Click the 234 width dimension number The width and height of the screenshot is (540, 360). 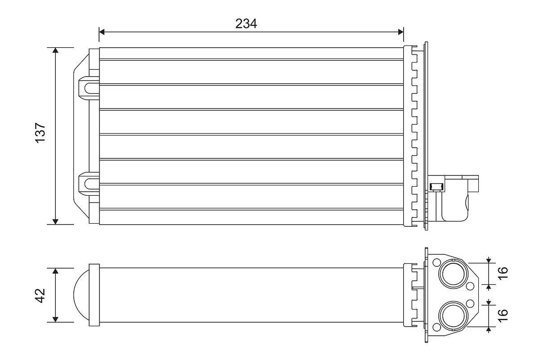click(246, 23)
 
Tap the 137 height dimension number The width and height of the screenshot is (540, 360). click(40, 133)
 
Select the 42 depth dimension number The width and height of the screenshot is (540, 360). click(40, 295)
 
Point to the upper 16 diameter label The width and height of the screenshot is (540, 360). click(503, 273)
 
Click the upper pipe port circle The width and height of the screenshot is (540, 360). click(452, 273)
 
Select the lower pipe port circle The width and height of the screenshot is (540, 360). click(452, 315)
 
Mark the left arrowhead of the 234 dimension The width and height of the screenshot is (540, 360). click(102, 31)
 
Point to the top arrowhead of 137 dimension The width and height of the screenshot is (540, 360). click(55, 50)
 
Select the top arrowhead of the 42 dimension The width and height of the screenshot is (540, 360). click(55, 271)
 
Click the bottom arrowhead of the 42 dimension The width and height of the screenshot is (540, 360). click(55, 319)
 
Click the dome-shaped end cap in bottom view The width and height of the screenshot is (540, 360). click(81, 295)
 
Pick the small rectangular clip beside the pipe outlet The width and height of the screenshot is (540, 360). click(436, 186)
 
